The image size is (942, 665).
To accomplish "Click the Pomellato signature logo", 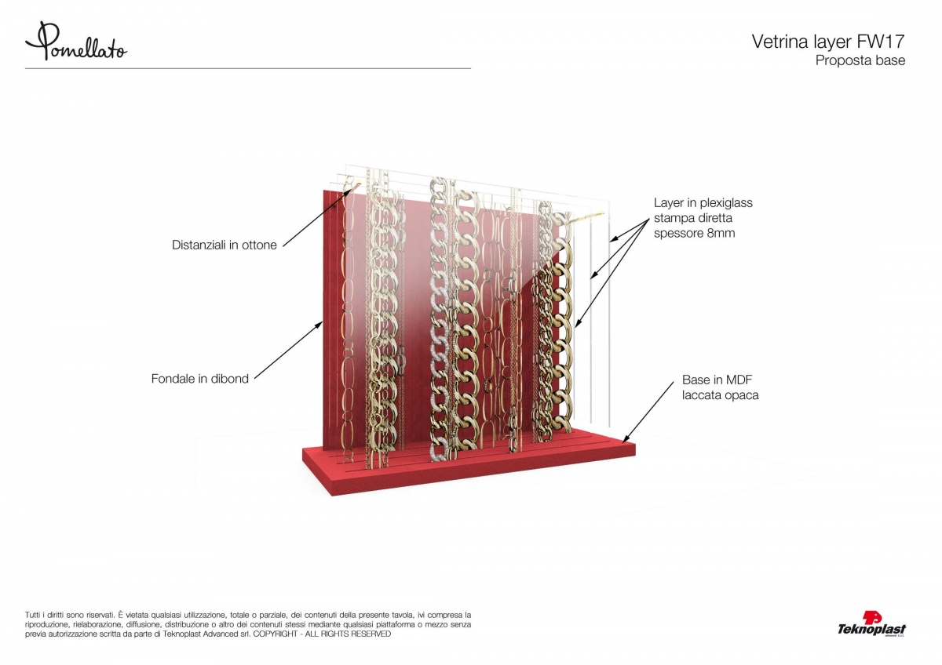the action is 75,42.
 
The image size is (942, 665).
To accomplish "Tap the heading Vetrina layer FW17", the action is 828,42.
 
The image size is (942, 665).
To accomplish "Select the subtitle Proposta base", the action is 860,60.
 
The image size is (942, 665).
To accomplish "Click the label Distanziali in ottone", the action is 225,245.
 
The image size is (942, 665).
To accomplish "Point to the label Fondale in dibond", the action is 199,379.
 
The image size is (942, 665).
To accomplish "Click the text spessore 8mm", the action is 694,233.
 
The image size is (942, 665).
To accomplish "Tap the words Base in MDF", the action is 717,380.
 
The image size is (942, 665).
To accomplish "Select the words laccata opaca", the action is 721,395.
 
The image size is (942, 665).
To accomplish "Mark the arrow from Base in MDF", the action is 648,412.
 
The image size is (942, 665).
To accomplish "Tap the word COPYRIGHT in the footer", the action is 275,634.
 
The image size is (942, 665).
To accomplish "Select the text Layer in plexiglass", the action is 703,203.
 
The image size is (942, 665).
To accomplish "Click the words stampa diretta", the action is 693,218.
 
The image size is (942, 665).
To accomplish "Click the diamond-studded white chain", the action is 440,319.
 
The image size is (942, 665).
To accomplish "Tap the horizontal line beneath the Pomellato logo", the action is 248,68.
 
